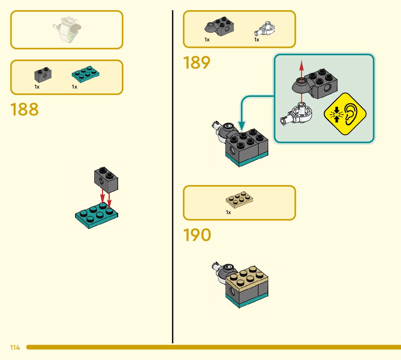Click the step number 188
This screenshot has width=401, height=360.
[24, 109]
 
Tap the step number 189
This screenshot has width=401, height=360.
[197, 62]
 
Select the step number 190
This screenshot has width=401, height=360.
[197, 235]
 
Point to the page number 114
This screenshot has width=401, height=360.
[15, 348]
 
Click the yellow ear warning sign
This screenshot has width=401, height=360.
[345, 114]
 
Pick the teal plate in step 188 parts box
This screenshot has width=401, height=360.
[86, 74]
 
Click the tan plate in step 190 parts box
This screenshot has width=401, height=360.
[239, 200]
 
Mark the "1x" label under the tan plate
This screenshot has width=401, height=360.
[228, 212]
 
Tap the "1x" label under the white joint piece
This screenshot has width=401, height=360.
[257, 40]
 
